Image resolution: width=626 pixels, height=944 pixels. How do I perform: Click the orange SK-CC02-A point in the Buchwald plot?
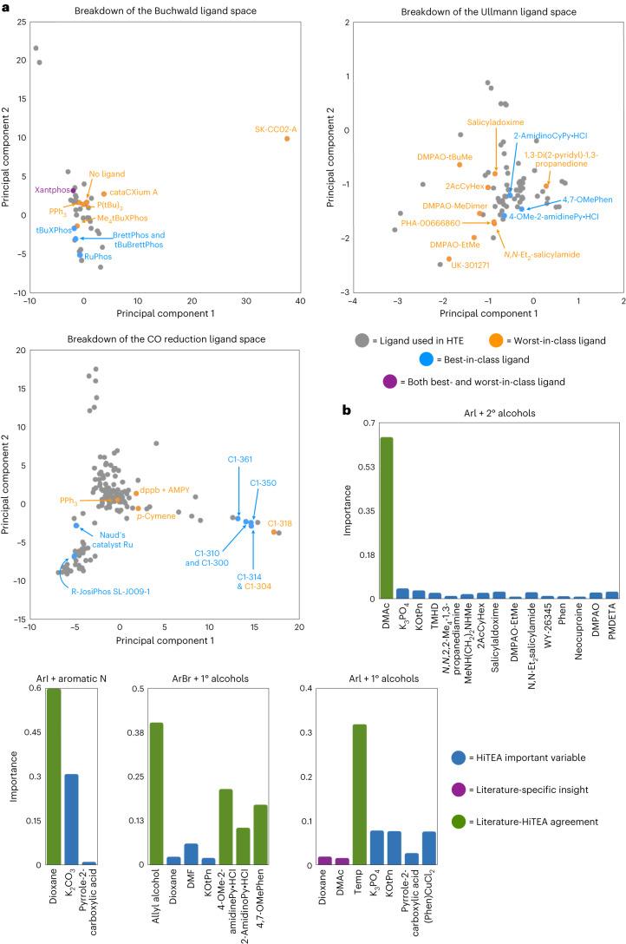coord(287,138)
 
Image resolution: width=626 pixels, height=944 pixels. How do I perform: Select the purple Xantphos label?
coord(49,189)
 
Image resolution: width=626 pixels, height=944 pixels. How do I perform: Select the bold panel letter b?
coord(348,403)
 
